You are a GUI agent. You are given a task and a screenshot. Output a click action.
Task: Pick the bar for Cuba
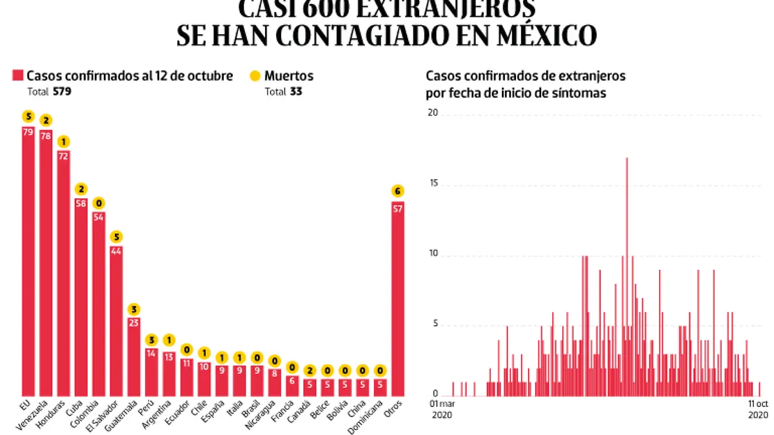tap(81, 296)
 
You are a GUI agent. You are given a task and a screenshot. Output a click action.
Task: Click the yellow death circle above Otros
tap(398, 191)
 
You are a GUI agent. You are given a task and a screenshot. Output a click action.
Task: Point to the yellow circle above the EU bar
tap(28, 117)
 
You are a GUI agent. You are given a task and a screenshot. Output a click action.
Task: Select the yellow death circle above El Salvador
tap(116, 236)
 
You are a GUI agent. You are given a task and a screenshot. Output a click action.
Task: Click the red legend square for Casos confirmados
tap(17, 76)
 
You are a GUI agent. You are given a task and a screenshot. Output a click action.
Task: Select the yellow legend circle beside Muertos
tap(255, 76)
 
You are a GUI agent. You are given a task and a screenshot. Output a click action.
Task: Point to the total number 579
tap(63, 92)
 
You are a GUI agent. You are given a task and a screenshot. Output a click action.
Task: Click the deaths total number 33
tap(296, 92)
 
